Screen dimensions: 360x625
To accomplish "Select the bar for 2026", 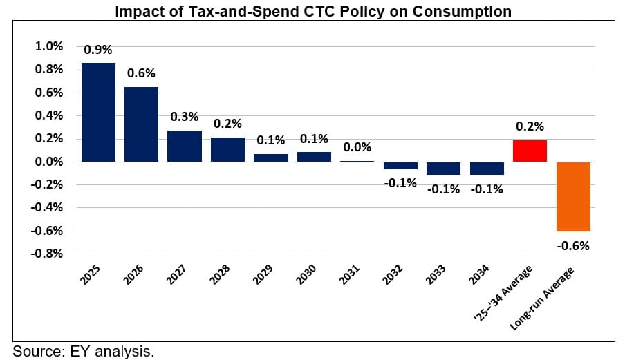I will click(142, 124).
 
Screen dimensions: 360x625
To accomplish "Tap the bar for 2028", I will click(227, 149).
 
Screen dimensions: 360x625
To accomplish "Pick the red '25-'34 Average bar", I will click(530, 151).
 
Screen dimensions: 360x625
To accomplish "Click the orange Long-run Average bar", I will click(573, 196).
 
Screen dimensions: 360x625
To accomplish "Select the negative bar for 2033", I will click(443, 168).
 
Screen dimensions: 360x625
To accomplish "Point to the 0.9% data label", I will click(97, 50).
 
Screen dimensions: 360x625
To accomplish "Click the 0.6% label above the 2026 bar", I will click(141, 73).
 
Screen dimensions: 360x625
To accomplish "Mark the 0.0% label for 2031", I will click(357, 147).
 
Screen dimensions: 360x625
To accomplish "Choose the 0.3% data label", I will click(185, 117).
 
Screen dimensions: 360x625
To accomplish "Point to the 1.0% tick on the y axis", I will click(49, 46).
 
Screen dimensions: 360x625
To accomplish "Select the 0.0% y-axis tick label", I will click(49, 162).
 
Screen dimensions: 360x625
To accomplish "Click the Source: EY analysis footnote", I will click(83, 351).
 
